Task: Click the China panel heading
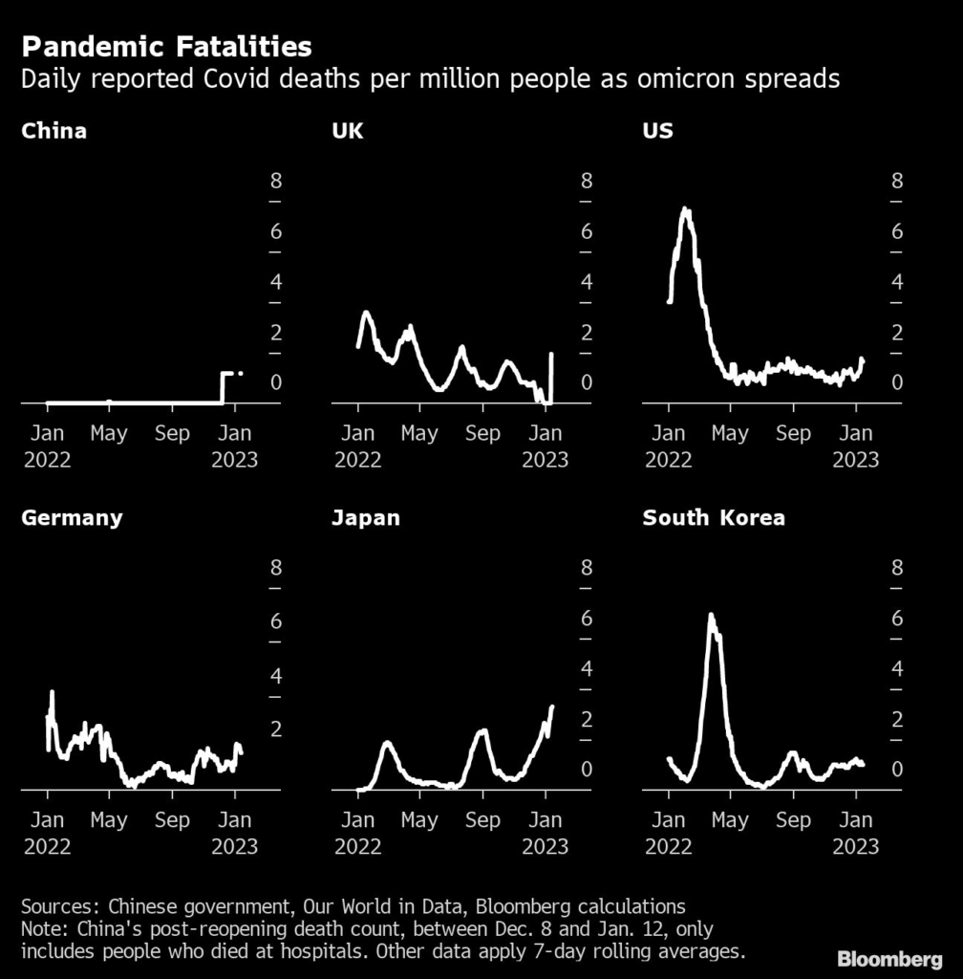(53, 131)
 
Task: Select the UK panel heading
(347, 131)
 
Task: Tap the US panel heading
(657, 131)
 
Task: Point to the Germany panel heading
(72, 518)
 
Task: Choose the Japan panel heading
(366, 518)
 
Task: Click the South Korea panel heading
(714, 518)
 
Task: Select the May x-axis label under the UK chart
(419, 433)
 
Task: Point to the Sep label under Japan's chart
(482, 820)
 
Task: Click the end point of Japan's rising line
(552, 707)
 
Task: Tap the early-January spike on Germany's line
(52, 692)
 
